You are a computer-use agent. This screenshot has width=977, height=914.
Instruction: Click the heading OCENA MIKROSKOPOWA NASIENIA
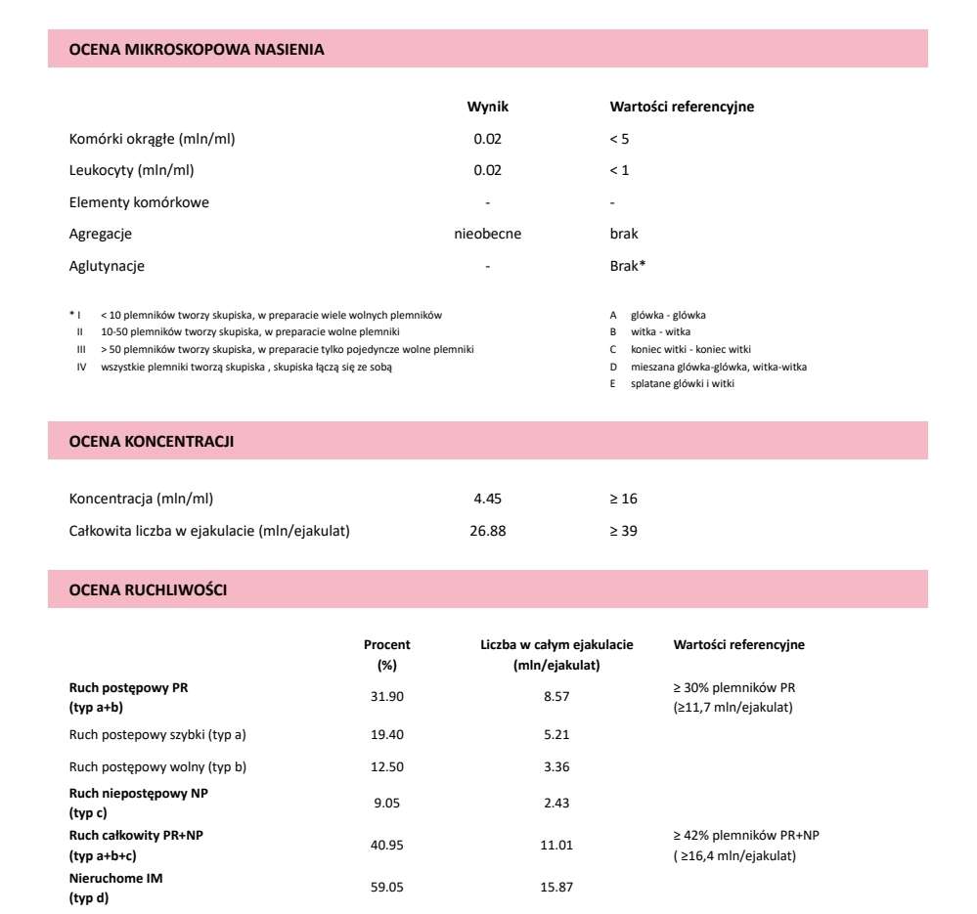point(197,48)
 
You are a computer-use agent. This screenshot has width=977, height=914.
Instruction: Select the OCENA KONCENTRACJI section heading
point(152,442)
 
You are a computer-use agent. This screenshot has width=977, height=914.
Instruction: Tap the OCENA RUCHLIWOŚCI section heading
point(149,590)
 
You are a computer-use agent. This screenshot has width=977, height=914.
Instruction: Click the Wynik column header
point(487,107)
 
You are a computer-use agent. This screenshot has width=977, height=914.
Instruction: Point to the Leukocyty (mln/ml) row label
point(132,170)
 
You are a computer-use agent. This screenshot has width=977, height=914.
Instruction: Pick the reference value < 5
point(619,139)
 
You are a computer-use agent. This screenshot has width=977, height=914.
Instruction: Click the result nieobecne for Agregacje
point(488,234)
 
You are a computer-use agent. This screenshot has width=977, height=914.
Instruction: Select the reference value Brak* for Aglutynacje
point(627,266)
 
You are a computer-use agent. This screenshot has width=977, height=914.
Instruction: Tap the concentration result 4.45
point(487,499)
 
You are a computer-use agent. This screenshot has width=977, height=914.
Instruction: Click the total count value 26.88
point(487,531)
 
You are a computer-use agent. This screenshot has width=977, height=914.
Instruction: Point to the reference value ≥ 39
point(623,531)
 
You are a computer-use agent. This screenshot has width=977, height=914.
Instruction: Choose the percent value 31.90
point(387,697)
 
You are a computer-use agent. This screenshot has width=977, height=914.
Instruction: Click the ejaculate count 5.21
point(556,734)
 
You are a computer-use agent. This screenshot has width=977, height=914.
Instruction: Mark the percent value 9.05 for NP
point(387,804)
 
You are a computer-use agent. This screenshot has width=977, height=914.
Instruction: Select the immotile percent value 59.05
point(387,888)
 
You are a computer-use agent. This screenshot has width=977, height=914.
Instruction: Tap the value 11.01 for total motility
point(556,845)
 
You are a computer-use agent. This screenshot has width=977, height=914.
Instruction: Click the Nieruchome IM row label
point(116,879)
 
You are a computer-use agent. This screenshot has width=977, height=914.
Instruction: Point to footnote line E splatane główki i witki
point(683,384)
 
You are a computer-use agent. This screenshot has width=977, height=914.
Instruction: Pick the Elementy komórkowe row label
point(139,202)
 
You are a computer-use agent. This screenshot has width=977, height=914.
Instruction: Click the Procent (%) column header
point(387,654)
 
